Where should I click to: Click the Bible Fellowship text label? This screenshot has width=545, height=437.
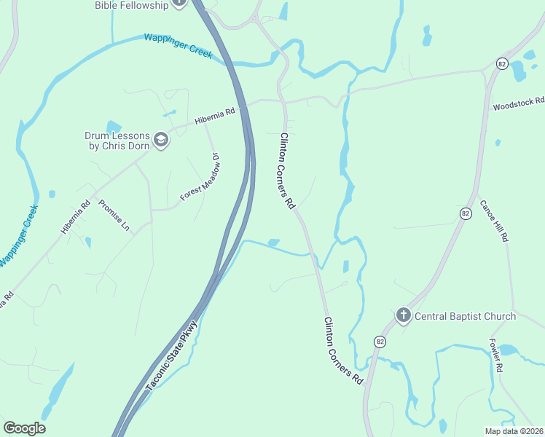(x=130, y=5)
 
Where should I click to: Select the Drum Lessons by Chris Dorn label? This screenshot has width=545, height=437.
(x=117, y=141)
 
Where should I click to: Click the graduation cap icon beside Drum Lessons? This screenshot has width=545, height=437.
(x=161, y=141)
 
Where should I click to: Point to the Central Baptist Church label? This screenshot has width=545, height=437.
(x=465, y=316)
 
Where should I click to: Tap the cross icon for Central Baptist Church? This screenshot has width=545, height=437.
(x=403, y=316)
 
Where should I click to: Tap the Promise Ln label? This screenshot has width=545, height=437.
(x=114, y=216)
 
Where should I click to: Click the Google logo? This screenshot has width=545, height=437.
(x=24, y=428)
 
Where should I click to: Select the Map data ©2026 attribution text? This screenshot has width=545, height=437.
(x=513, y=431)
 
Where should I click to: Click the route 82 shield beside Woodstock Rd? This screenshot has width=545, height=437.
(x=501, y=63)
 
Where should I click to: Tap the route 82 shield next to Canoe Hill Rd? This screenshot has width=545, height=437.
(x=466, y=213)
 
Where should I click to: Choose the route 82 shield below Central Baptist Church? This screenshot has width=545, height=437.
(x=380, y=341)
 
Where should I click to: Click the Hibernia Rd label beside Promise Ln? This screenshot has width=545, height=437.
(x=75, y=216)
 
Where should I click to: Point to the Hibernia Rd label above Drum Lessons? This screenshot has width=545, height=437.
(x=216, y=115)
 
